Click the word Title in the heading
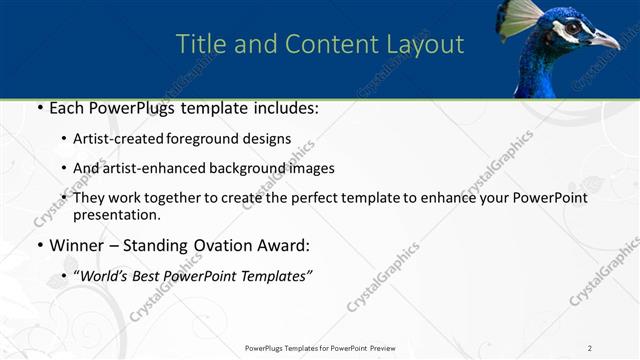tap(198, 45)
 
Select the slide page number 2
tap(590, 348)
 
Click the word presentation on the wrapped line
tap(117, 215)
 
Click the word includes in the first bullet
tap(284, 108)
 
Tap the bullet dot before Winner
tap(38, 245)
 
